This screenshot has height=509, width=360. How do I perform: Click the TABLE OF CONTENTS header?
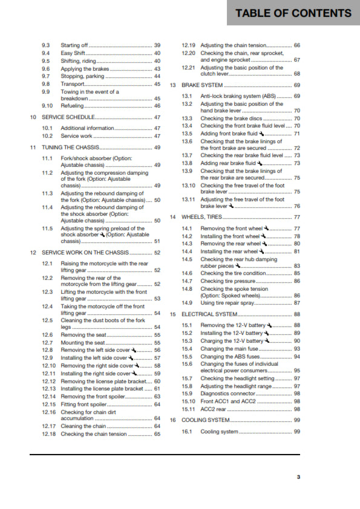(x=293, y=13)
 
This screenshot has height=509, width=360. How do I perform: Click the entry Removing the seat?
(x=82, y=334)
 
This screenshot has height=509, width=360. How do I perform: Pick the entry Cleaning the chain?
(x=83, y=426)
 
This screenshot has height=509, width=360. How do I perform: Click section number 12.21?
(x=189, y=68)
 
